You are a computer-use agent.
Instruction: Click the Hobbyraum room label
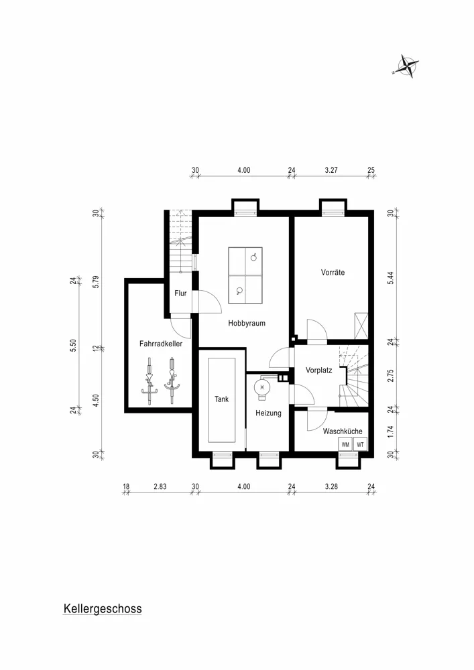(x=247, y=324)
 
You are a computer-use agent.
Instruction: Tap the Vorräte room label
(x=333, y=272)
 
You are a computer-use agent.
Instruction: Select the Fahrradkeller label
(x=161, y=344)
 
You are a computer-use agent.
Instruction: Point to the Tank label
(x=221, y=399)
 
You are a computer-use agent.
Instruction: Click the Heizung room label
(x=268, y=413)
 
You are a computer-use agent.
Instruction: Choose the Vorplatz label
(x=319, y=371)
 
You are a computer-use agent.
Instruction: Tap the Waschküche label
(x=343, y=431)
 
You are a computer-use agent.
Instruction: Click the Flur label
(x=180, y=293)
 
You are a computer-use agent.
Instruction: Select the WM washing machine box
(x=345, y=444)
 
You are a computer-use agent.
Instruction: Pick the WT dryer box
(x=360, y=444)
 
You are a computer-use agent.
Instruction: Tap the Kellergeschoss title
(x=103, y=609)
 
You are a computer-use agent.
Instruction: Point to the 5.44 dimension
(x=391, y=278)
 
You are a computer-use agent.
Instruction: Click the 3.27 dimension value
(x=331, y=170)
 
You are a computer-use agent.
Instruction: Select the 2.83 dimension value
(x=160, y=486)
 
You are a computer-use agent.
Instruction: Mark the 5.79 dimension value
(x=96, y=282)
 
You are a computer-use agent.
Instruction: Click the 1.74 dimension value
(x=391, y=431)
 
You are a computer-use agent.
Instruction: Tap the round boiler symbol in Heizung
(x=262, y=387)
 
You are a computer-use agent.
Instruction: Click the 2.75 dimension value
(x=391, y=375)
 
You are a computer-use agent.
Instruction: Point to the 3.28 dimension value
(x=331, y=486)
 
